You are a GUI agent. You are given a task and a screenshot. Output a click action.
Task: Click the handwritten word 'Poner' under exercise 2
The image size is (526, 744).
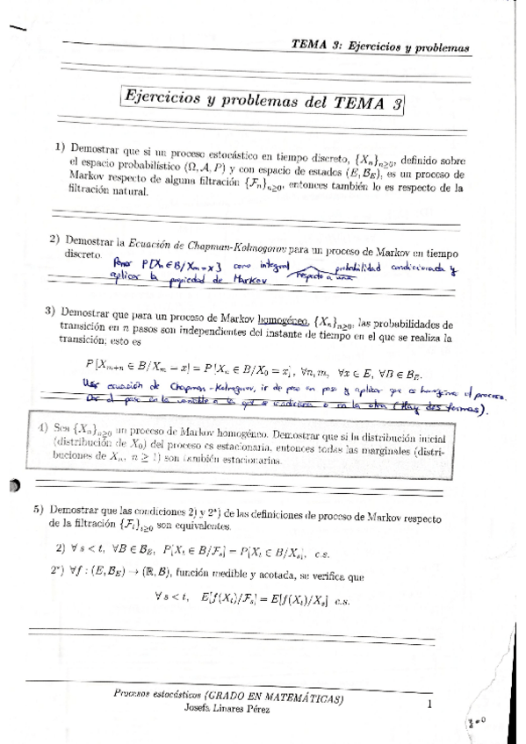click(x=126, y=263)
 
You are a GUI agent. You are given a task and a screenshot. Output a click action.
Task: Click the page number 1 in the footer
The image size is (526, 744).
click(x=429, y=704)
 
